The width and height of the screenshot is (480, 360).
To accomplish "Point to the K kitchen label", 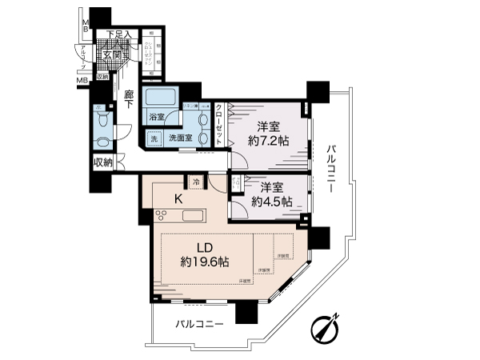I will point(180,199).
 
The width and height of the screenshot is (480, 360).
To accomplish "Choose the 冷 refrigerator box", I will point(194,182).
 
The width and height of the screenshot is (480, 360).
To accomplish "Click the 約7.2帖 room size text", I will point(270,142).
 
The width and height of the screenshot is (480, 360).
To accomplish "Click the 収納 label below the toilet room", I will point(103,163).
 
